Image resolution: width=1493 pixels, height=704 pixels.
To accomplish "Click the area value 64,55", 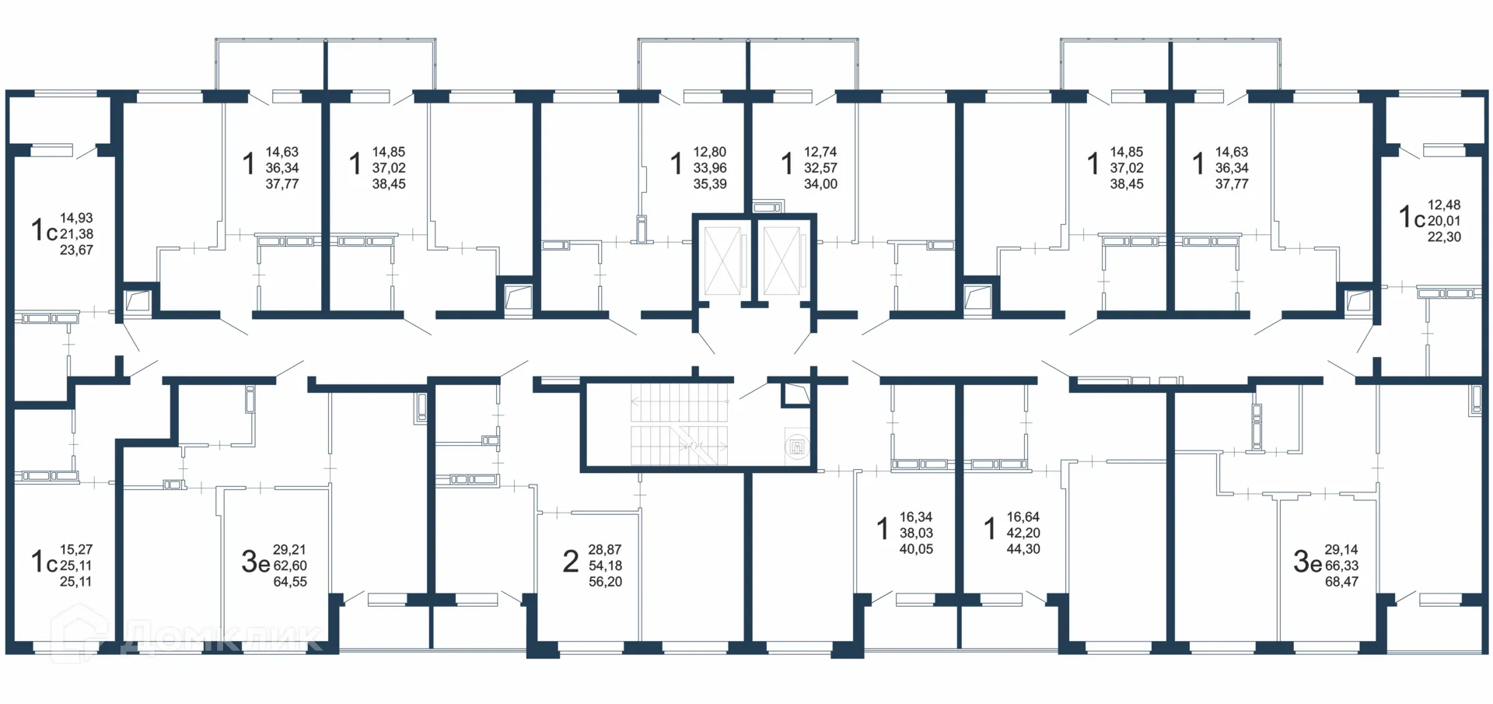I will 290,582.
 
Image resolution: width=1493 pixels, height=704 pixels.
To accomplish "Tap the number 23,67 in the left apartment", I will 76,250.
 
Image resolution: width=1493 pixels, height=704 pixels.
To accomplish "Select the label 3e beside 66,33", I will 1307,561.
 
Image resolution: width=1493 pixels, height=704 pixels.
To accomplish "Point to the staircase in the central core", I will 679,424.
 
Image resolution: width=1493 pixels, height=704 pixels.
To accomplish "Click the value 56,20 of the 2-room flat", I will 605,582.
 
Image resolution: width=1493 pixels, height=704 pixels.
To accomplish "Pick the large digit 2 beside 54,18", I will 571,561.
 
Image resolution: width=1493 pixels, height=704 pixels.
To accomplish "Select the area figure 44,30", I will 1023,549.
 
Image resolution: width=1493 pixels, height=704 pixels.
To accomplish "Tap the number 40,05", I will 916,549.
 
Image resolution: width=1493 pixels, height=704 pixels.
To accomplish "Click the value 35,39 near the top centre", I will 710,184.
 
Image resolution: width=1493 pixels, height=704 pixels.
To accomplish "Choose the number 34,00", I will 820,184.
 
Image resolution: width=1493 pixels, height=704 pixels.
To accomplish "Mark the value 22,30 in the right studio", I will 1444,237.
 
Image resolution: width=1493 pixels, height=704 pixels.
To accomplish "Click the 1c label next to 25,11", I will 44,562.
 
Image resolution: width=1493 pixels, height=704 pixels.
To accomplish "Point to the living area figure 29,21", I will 290,550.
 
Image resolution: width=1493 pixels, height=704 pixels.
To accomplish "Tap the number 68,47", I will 1341,582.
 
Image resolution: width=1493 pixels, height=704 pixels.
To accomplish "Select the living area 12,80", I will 710,152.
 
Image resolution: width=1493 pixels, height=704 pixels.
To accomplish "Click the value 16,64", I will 1023,517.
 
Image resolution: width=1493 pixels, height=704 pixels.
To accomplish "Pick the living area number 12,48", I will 1444,205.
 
